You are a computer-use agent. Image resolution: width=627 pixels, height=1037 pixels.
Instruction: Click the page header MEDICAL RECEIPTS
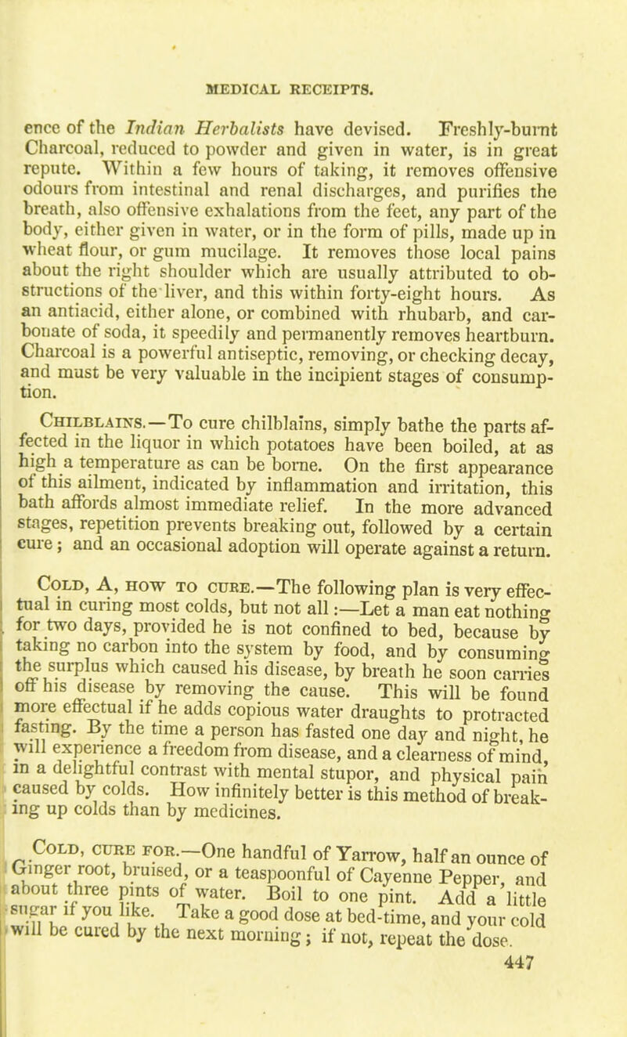[312, 79]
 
